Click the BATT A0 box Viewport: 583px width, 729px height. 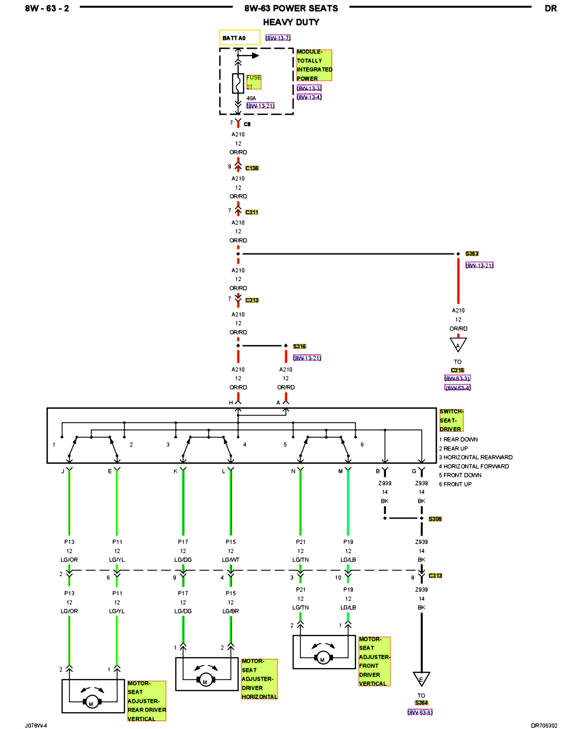click(239, 38)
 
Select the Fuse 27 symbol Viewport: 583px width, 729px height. click(238, 83)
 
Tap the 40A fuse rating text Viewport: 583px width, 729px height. click(251, 98)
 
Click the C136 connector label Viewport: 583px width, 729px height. click(252, 168)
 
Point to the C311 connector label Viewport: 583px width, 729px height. click(252, 212)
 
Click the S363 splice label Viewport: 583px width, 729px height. click(472, 254)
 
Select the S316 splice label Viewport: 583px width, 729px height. click(300, 346)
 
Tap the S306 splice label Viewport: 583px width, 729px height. click(435, 519)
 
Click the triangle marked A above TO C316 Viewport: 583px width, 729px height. click(458, 344)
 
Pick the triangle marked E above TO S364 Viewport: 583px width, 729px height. click(421, 679)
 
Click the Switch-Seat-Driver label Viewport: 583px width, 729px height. click(451, 420)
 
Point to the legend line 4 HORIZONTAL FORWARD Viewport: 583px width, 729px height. click(474, 466)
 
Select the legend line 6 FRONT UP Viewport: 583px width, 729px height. click(455, 484)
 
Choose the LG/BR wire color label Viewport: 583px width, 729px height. click(231, 611)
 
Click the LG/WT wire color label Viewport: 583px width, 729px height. click(231, 560)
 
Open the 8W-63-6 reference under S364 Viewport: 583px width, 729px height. click(420, 712)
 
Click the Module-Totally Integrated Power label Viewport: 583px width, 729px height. click(314, 65)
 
